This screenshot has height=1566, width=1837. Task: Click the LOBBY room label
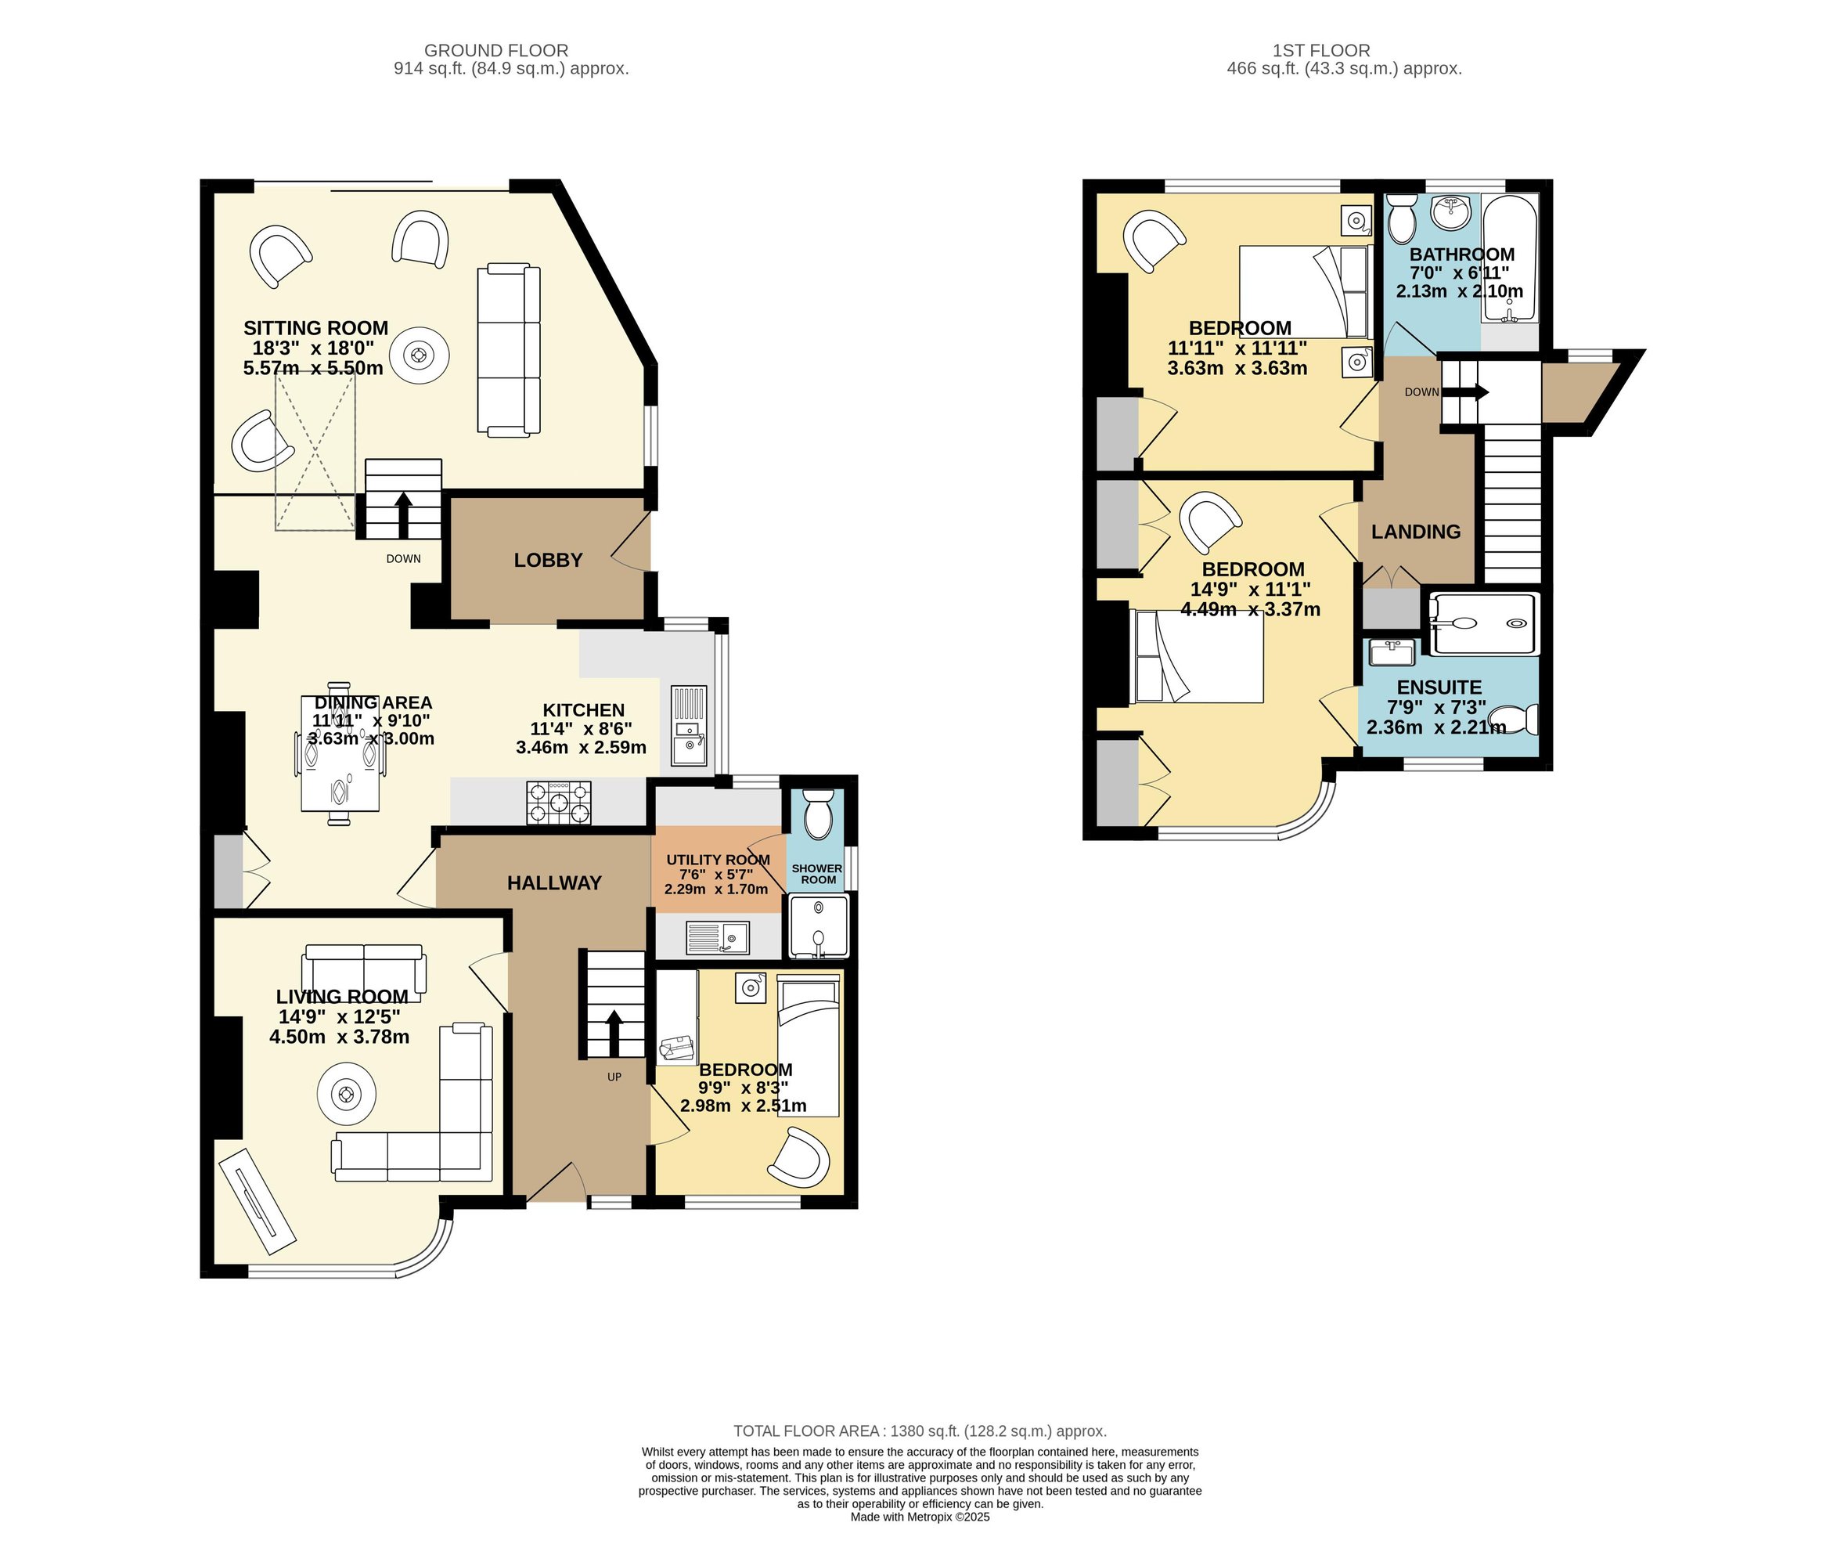pos(548,561)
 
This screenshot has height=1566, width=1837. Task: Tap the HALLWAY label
pos(554,883)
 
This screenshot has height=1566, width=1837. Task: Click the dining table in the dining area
pos(340,754)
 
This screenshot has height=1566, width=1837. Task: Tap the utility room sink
pos(717,937)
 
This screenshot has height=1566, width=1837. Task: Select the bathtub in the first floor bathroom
pos(1510,260)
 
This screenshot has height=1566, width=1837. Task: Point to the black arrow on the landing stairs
pos(1467,393)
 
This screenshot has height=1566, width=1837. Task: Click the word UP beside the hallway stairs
pos(614,1077)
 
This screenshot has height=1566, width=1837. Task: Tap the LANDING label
pos(1416,532)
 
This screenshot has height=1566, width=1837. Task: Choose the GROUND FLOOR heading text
pos(496,52)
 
